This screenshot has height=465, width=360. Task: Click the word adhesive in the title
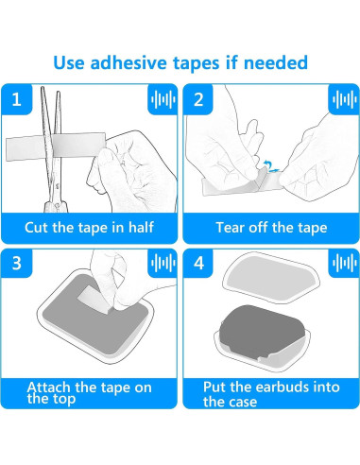pyautogui.click(x=129, y=62)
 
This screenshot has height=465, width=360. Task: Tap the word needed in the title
pyautogui.click(x=276, y=62)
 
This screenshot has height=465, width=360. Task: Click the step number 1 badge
pyautogui.click(x=16, y=99)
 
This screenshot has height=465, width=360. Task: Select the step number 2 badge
pyautogui.click(x=198, y=99)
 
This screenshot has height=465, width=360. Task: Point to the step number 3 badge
pyautogui.click(x=16, y=263)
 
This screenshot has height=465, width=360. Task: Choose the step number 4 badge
pyautogui.click(x=198, y=263)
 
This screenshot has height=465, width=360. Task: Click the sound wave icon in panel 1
pyautogui.click(x=163, y=99)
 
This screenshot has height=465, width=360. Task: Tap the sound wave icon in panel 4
pyautogui.click(x=344, y=263)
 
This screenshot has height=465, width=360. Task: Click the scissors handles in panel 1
pyautogui.click(x=56, y=206)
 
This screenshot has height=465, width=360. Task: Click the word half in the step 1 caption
pyautogui.click(x=141, y=227)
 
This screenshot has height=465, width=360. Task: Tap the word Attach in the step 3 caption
pyautogui.click(x=48, y=387)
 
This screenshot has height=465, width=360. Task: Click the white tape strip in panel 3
pyautogui.click(x=92, y=299)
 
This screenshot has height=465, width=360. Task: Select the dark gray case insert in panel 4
pyautogui.click(x=263, y=330)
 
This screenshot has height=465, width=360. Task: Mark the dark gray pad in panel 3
pyautogui.click(x=95, y=315)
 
